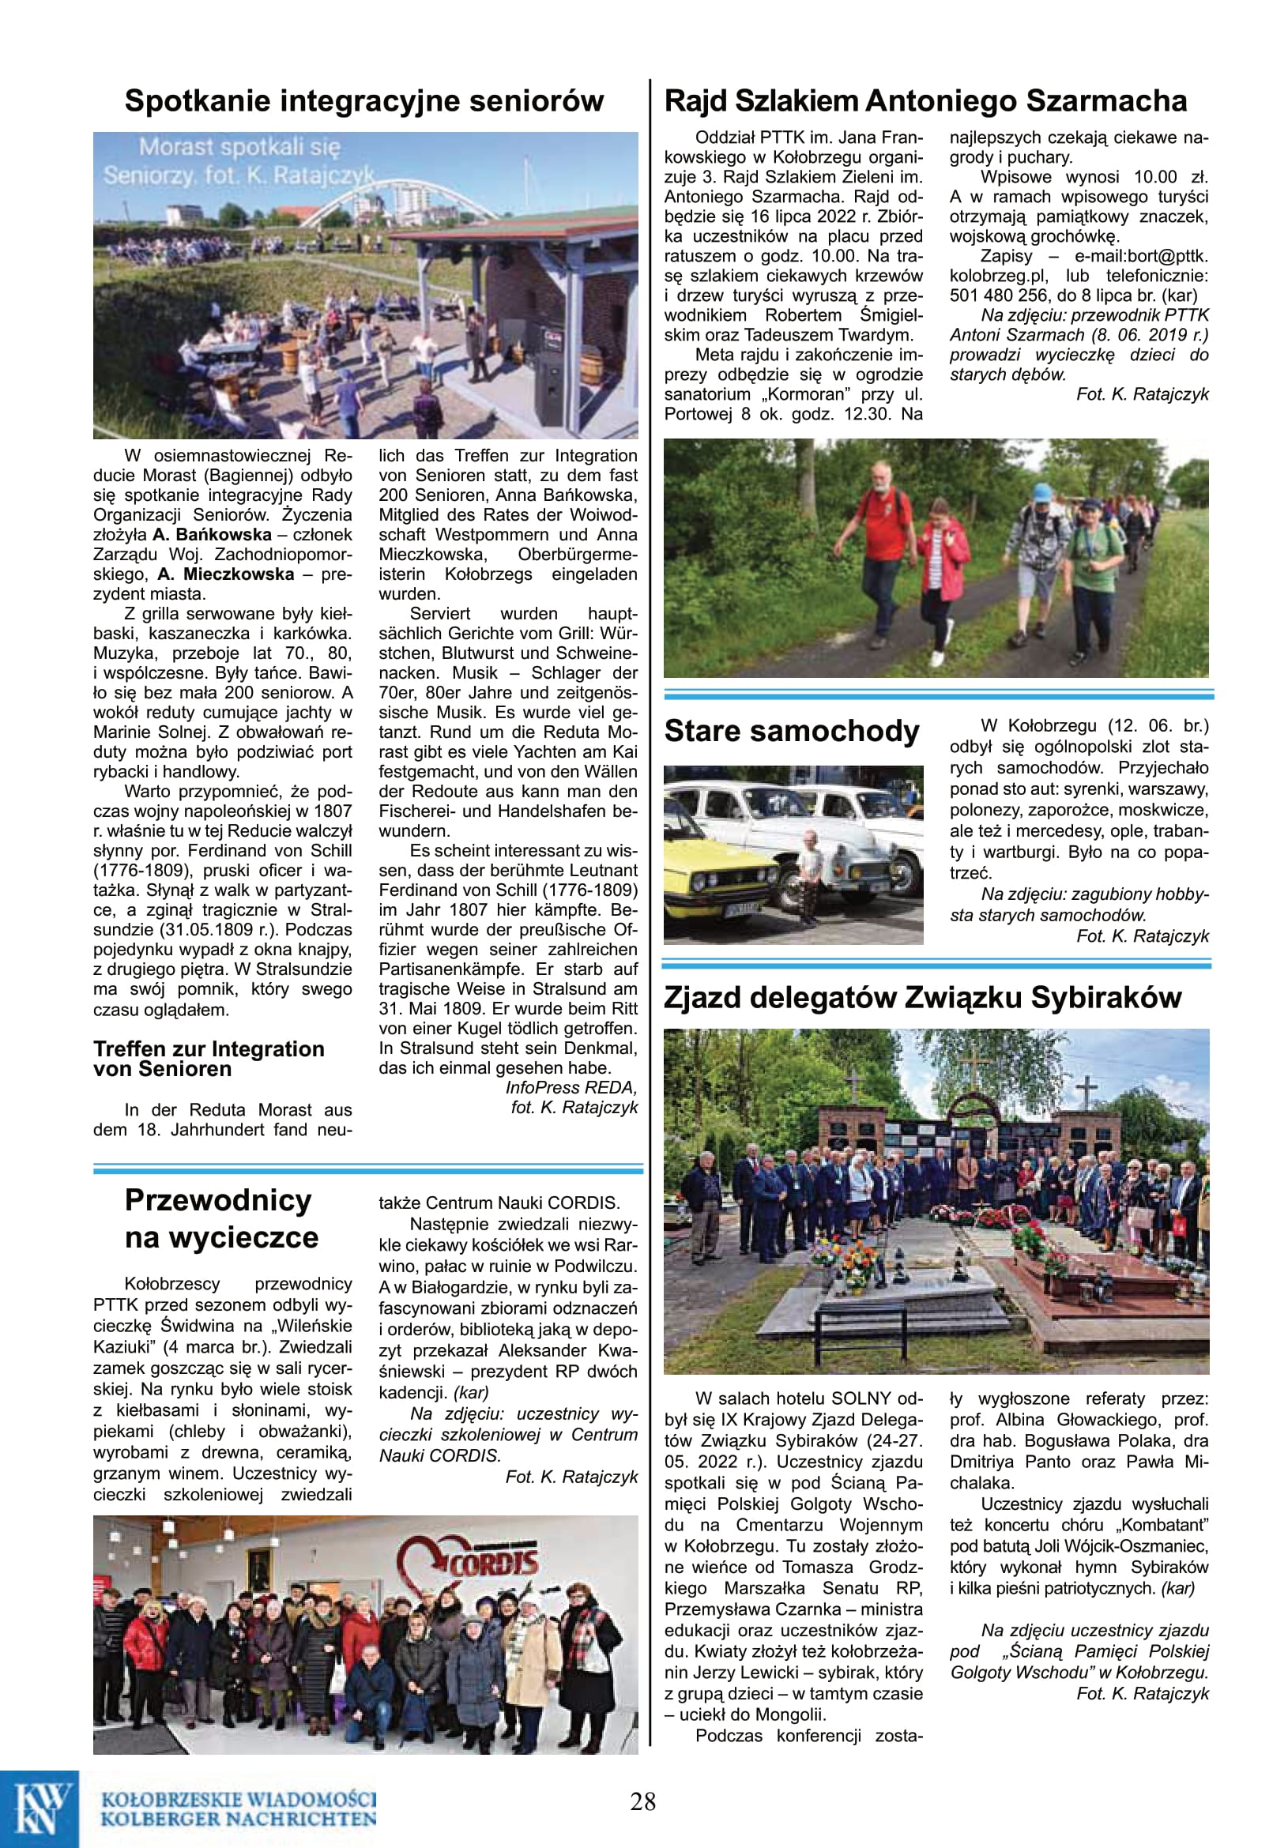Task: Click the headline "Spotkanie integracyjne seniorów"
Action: click(363, 101)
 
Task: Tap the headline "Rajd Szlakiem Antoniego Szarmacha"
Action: click(925, 101)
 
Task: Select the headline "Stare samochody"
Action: click(791, 731)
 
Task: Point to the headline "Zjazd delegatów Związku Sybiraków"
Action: click(922, 997)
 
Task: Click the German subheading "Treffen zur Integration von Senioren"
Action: click(209, 1059)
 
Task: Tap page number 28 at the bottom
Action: click(643, 1801)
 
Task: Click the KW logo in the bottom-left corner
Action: click(39, 1807)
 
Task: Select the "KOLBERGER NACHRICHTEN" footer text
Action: click(239, 1817)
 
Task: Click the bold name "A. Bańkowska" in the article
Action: click(212, 535)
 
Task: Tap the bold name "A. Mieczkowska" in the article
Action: click(225, 574)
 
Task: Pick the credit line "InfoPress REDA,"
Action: click(571, 1087)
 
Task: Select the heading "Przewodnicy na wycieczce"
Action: click(219, 1218)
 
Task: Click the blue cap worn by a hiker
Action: click(1041, 491)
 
